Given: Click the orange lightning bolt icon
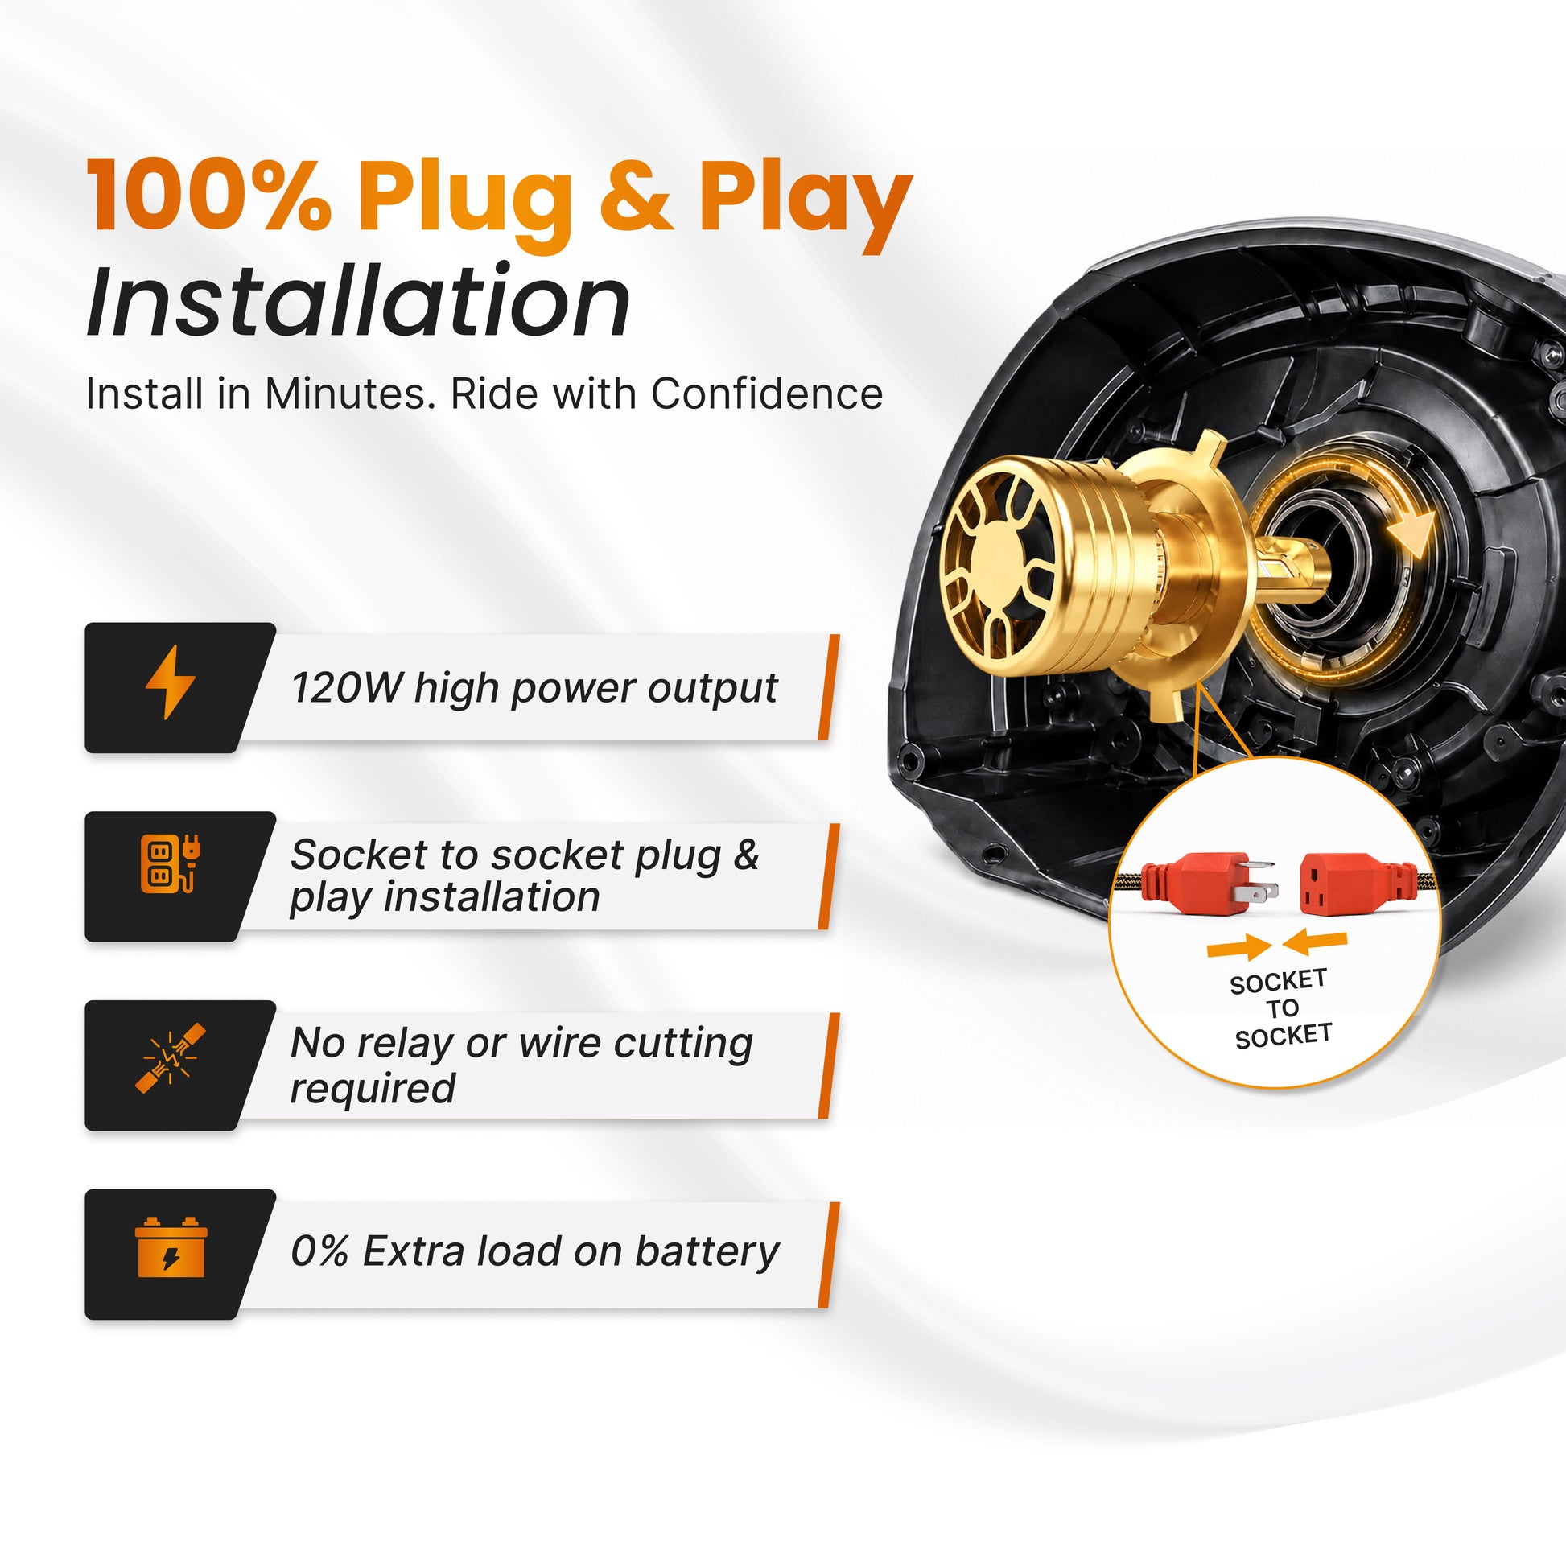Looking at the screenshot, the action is (x=170, y=682).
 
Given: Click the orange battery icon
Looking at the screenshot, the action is (x=171, y=1246).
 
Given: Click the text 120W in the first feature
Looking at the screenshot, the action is (x=346, y=688).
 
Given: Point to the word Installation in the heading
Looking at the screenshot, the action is (x=358, y=302).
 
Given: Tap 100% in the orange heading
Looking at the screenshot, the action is (x=208, y=197).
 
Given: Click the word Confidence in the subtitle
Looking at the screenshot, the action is (x=766, y=394).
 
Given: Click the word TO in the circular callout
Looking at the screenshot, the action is (x=1282, y=1009).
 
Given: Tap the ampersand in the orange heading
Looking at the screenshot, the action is (x=636, y=197).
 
